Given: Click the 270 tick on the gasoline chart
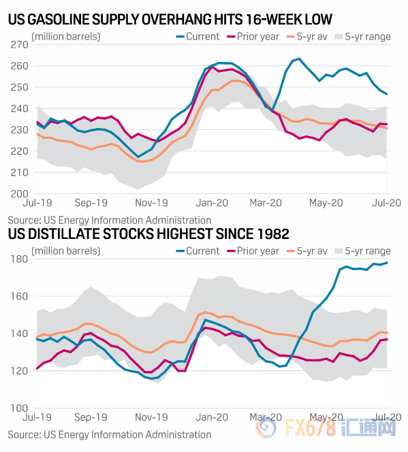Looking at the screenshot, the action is [20, 45].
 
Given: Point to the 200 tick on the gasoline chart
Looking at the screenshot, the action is [20, 194].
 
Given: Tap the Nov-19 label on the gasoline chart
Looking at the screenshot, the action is [151, 203].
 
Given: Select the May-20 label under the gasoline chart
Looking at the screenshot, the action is [326, 203].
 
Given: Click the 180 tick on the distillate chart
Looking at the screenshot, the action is [20, 259].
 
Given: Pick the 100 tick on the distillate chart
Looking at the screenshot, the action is [20, 408].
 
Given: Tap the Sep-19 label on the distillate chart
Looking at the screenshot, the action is [91, 417].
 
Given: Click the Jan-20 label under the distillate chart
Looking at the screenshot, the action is [212, 417].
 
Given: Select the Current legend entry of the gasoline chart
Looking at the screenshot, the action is [198, 37].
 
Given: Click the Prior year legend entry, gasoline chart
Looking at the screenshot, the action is [253, 37].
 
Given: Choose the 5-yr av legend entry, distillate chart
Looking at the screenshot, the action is [307, 251].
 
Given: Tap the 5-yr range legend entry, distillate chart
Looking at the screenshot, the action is [363, 251].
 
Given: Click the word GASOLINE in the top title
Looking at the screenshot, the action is [58, 20].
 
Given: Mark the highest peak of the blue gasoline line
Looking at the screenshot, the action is [299, 59].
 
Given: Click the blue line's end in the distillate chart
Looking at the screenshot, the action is [387, 262].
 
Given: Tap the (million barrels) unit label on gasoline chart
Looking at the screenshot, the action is [66, 37].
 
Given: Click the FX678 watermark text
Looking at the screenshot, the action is [311, 428].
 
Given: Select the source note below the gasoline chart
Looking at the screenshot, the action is [110, 221].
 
